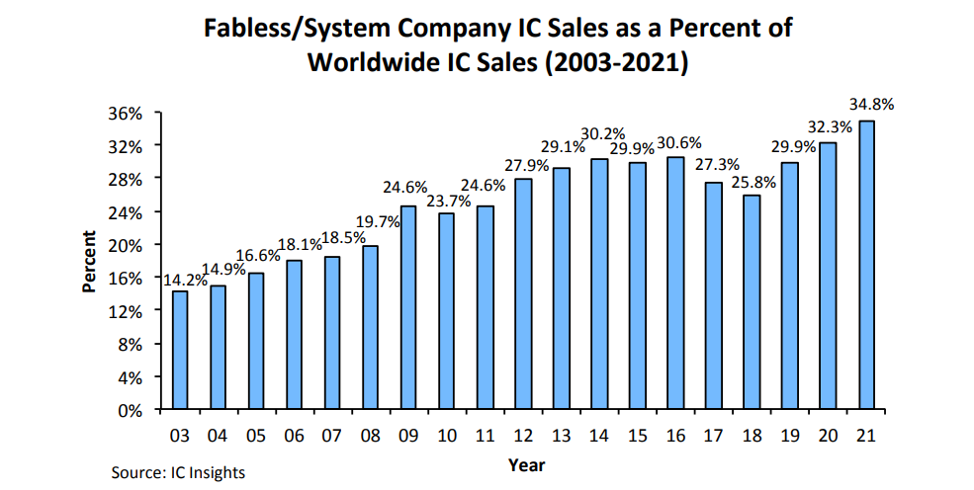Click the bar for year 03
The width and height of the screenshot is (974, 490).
[180, 350]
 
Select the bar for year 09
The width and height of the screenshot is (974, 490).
[407, 307]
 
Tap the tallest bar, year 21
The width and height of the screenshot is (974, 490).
[866, 265]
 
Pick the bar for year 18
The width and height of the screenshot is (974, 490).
[753, 302]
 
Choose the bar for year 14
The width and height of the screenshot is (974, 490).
[599, 284]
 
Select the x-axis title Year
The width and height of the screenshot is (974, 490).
[526, 463]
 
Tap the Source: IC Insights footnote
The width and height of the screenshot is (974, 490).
[178, 472]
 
